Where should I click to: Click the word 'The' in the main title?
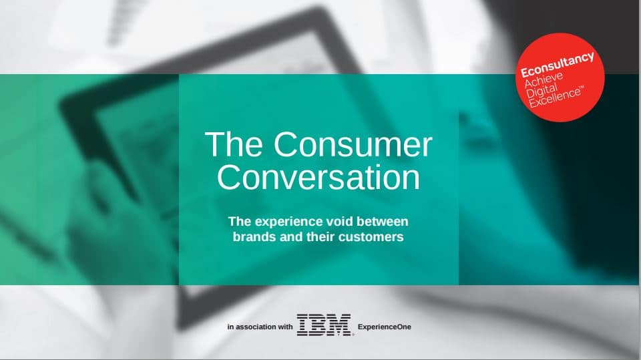234,144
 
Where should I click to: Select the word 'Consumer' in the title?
353,144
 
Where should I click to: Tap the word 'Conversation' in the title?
318,177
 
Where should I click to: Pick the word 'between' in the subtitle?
383,221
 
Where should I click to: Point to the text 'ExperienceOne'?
385,327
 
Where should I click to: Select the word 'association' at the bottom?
256,327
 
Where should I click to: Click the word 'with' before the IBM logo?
285,327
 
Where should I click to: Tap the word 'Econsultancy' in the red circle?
557,65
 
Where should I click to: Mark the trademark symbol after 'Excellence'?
582,87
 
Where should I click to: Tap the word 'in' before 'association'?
230,327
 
